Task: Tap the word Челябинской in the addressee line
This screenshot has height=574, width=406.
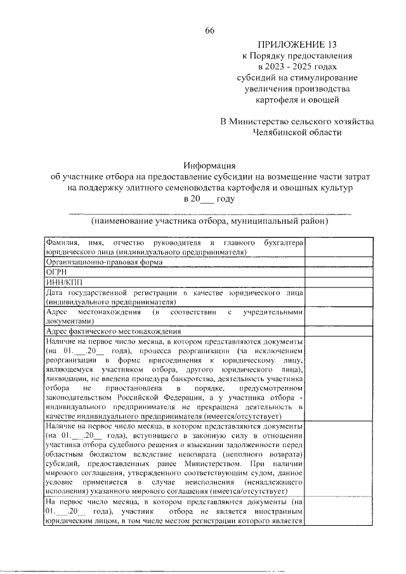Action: point(282,133)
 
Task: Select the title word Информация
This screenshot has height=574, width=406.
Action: point(209,165)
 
